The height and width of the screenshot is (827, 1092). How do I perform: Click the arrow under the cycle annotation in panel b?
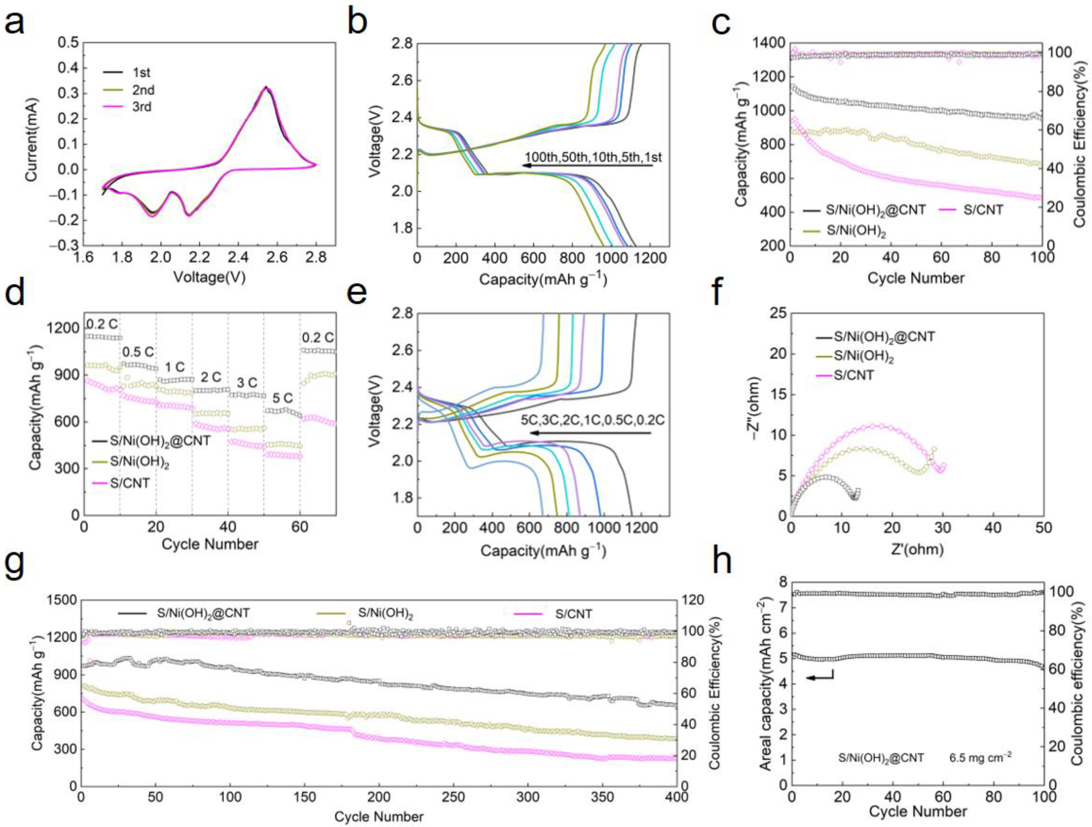588,166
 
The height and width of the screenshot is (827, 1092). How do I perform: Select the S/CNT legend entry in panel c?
982,210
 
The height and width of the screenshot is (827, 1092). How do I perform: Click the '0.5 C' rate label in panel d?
138,352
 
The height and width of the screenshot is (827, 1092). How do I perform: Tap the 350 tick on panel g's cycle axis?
602,797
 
